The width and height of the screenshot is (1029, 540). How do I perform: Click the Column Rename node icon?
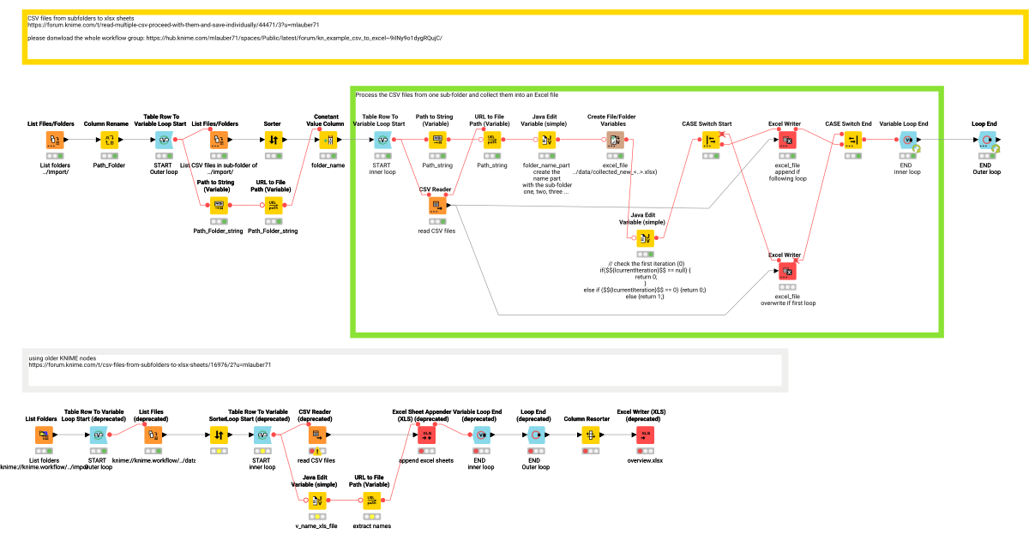click(x=110, y=140)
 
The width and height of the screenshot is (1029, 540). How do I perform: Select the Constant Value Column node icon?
click(x=327, y=140)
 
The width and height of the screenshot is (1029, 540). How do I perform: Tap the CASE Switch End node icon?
click(x=851, y=140)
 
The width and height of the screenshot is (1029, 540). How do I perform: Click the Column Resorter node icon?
click(x=591, y=435)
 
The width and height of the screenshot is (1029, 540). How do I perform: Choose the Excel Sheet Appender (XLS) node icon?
click(x=428, y=435)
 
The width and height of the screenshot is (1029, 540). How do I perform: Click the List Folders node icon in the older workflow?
click(x=44, y=435)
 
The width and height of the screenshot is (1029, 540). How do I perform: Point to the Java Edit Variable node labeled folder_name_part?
click(x=546, y=140)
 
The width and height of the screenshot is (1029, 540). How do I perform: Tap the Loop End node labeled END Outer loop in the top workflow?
click(x=985, y=140)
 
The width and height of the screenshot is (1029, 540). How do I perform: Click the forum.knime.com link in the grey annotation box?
click(x=149, y=364)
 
